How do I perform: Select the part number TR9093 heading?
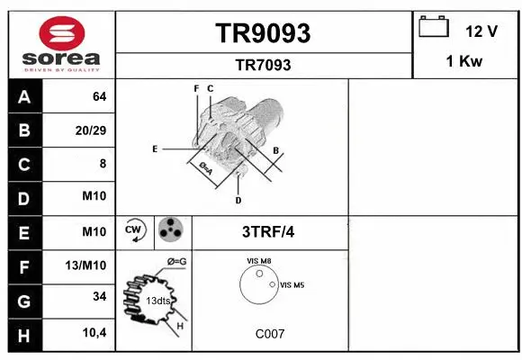[x=263, y=33]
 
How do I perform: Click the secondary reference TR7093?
[x=263, y=65]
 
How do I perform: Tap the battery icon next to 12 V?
[x=435, y=28]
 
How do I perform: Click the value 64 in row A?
[x=99, y=96]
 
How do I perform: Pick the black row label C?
[x=23, y=165]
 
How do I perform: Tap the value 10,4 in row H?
[x=94, y=333]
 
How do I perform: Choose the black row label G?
[x=23, y=300]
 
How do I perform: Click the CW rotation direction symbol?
[x=134, y=231]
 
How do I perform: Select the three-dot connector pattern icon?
[x=169, y=231]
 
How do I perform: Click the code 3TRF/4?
[x=268, y=231]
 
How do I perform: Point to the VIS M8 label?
[x=259, y=261]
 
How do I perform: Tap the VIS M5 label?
[x=292, y=285]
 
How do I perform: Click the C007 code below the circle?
[x=269, y=334]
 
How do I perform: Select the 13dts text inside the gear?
[x=158, y=300]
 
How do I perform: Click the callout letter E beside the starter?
[x=155, y=148]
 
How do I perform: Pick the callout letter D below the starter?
[x=238, y=199]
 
